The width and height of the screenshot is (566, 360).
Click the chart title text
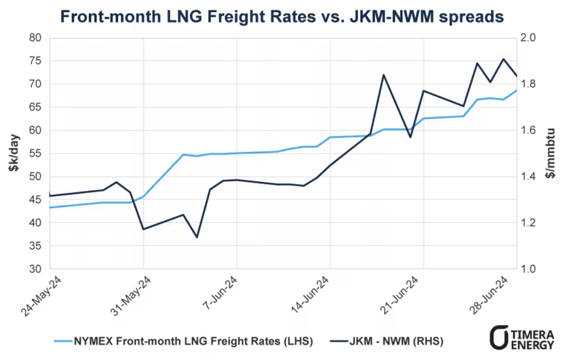point(282,16)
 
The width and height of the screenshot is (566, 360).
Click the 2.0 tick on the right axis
point(530,38)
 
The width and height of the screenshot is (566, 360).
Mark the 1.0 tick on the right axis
point(530,269)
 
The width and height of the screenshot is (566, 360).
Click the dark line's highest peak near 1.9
point(504,59)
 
